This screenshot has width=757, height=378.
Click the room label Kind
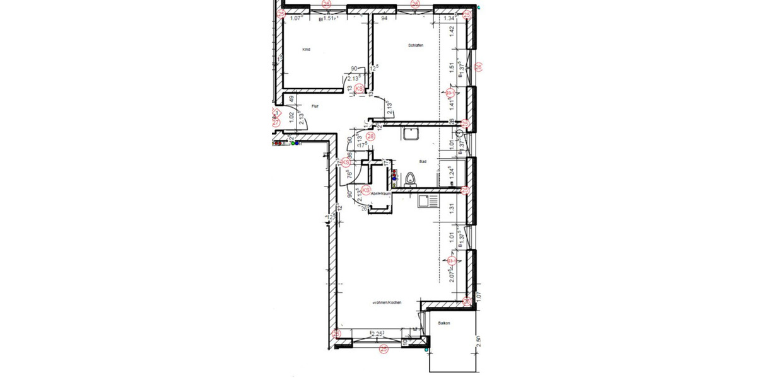point(307,49)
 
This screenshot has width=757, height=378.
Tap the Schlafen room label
point(414,45)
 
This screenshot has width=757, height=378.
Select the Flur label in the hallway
point(314,106)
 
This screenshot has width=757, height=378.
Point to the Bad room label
point(423,161)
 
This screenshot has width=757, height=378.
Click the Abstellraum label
point(381,193)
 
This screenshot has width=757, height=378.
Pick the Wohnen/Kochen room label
point(387,302)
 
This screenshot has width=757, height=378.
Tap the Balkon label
point(443,323)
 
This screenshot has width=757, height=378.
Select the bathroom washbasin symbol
point(411,134)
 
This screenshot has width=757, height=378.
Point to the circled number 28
point(370,135)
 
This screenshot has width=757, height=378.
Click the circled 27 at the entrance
point(276,123)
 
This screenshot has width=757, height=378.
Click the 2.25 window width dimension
point(378,334)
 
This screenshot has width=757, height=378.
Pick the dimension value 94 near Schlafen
point(384,19)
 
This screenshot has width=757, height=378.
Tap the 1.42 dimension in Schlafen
point(452,32)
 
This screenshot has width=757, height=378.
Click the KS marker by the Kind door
point(359,89)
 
